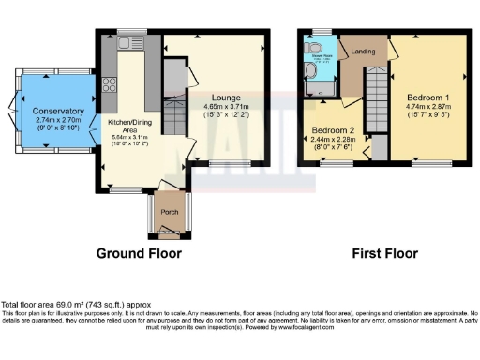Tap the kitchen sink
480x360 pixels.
pyautogui.click(x=126, y=41)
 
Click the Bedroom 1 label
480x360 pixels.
pyautogui.click(x=427, y=97)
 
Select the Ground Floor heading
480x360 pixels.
pyautogui.click(x=140, y=253)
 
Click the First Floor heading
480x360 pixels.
pyautogui.click(x=384, y=253)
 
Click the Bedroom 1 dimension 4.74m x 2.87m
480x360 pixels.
pyautogui.click(x=427, y=107)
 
